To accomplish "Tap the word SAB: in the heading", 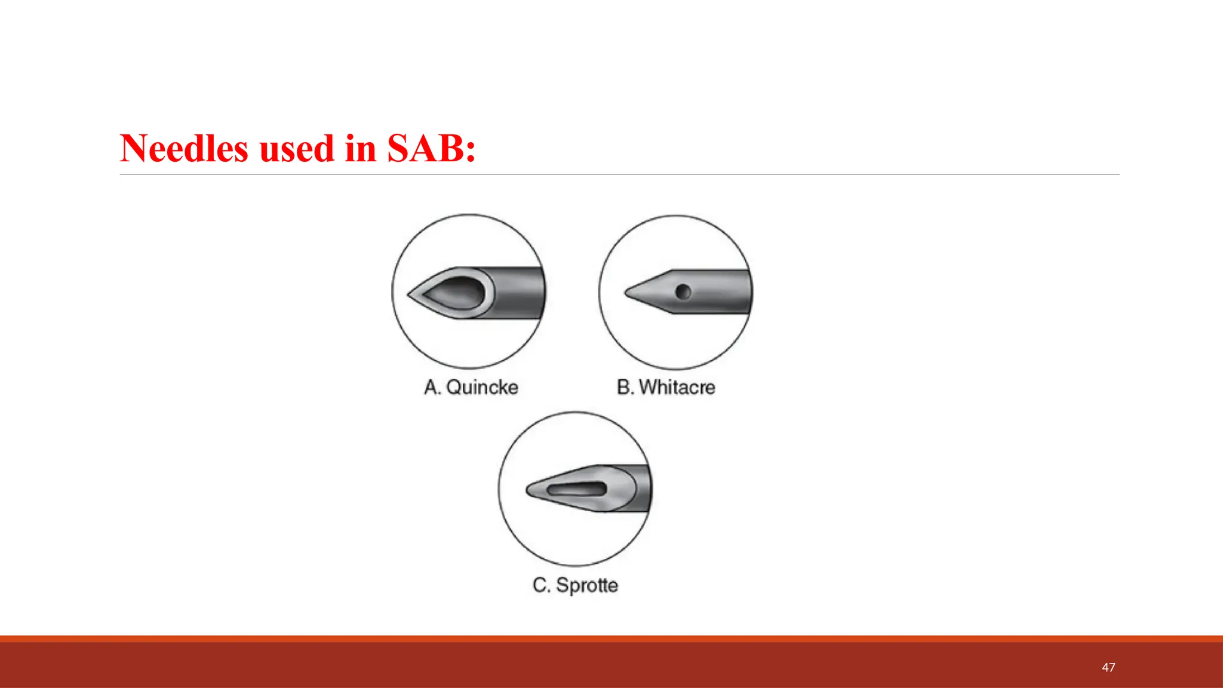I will pos(431,149).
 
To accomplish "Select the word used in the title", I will pos(296,149).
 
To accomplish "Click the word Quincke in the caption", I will pos(482,388).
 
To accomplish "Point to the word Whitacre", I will pos(677,388).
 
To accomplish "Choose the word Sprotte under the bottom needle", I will pos(586,585).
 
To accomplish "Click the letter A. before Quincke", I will pos(432,388).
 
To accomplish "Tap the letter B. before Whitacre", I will pos(625,388).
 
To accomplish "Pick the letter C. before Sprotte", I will pos(541,585).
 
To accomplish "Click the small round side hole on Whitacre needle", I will pos(683,292).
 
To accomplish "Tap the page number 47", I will pos(1108,668).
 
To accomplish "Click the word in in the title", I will pos(360,149).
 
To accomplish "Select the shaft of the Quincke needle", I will pos(520,293).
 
